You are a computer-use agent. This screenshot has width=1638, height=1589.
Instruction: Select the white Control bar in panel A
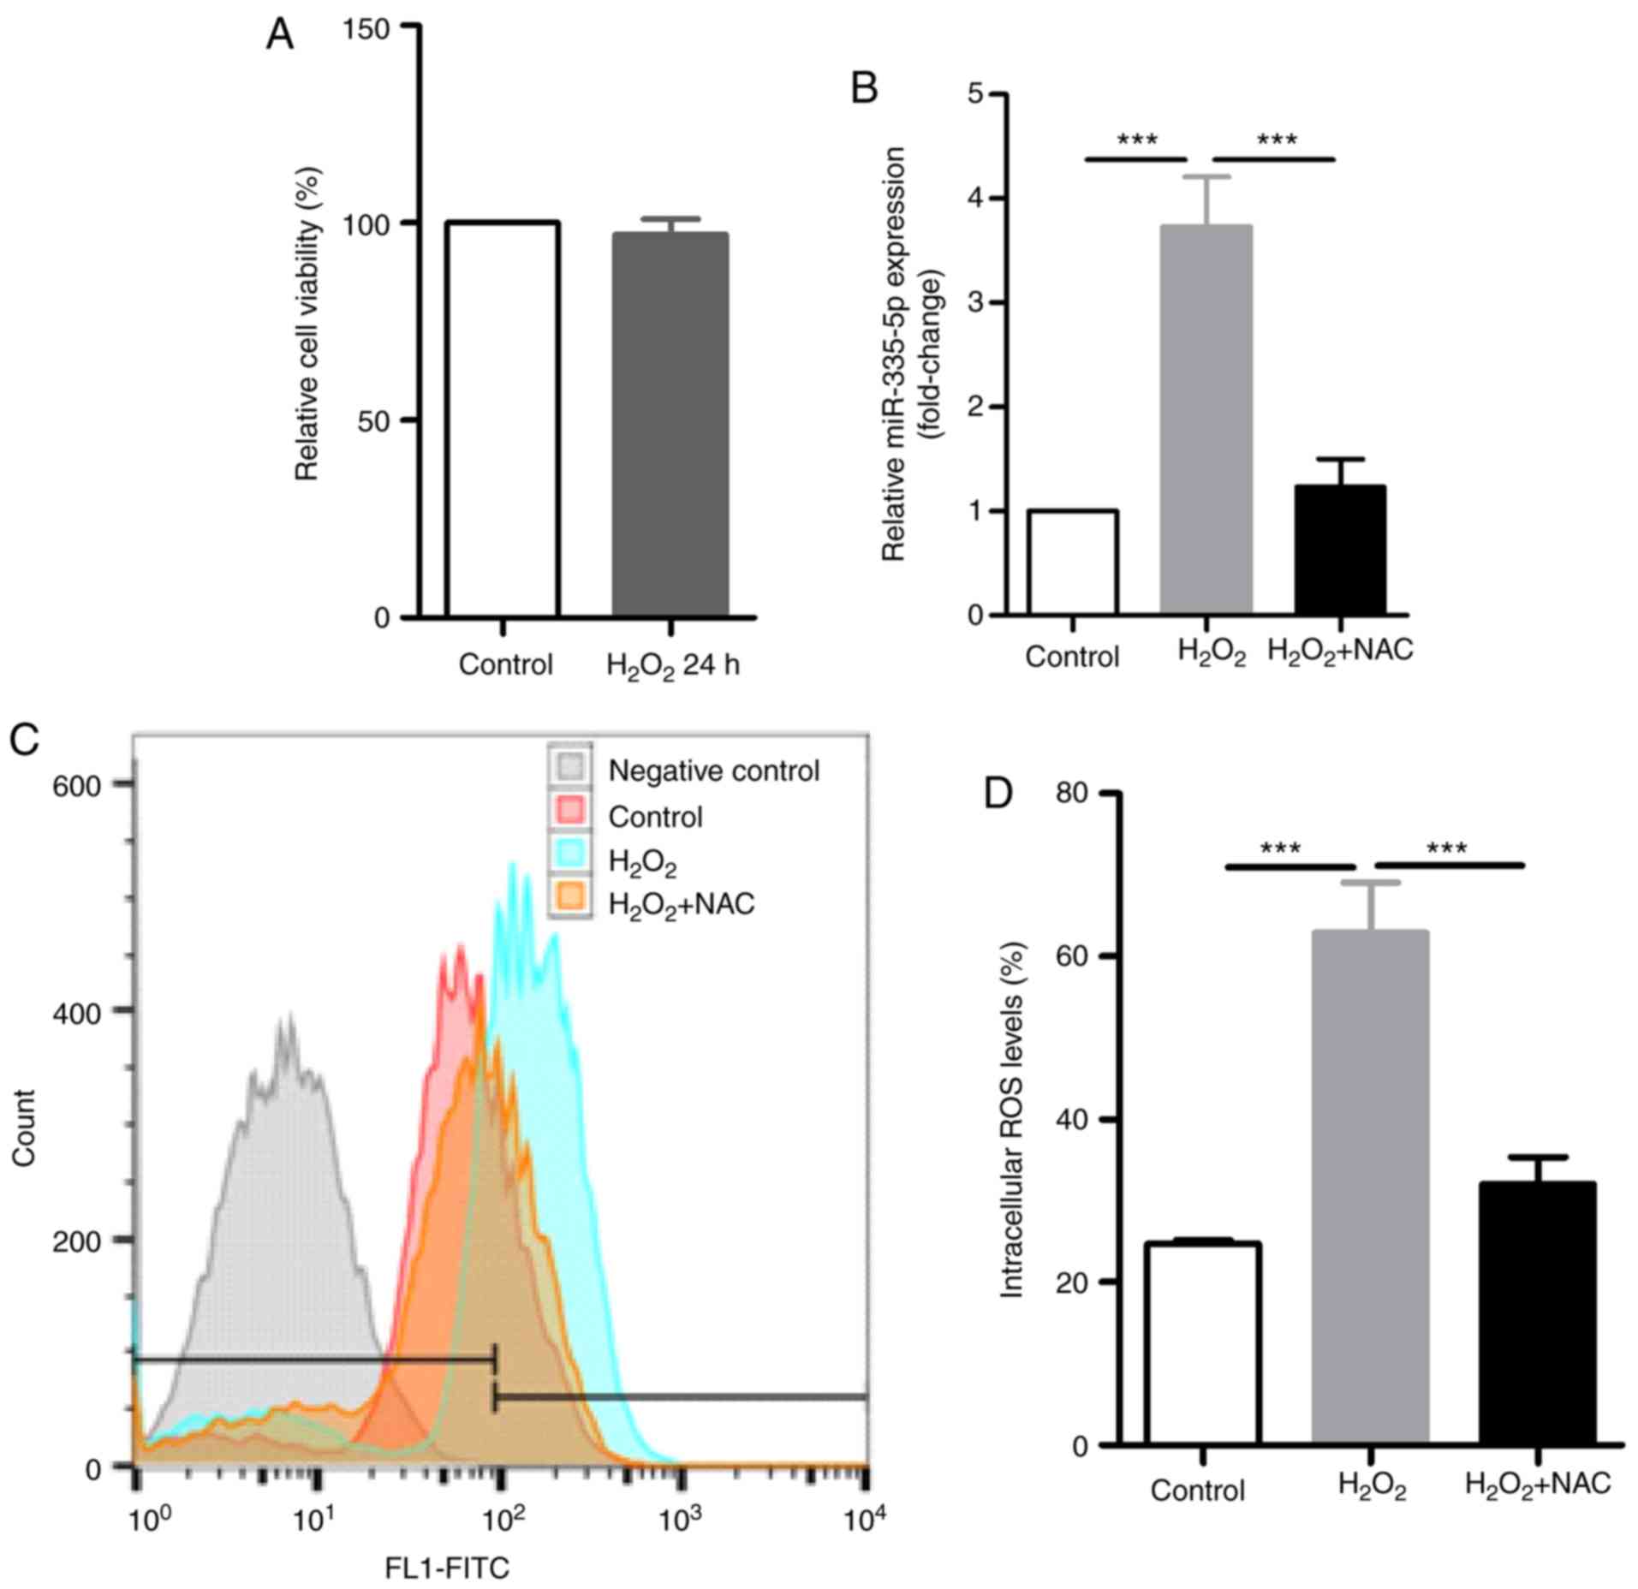503,420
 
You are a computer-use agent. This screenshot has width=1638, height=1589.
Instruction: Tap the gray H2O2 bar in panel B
1206,420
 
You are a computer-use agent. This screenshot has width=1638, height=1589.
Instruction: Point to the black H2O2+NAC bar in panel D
1538,1324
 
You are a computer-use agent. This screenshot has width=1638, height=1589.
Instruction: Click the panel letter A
280,35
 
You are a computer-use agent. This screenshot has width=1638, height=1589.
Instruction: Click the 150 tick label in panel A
366,29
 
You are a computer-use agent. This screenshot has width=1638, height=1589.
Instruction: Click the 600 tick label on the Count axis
77,784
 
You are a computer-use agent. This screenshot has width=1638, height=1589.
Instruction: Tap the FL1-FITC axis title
447,1568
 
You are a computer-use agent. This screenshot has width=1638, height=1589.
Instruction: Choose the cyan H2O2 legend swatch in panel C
570,859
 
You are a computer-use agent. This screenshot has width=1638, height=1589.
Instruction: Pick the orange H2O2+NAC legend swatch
570,902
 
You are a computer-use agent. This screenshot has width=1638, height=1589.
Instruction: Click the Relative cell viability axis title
307,324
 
